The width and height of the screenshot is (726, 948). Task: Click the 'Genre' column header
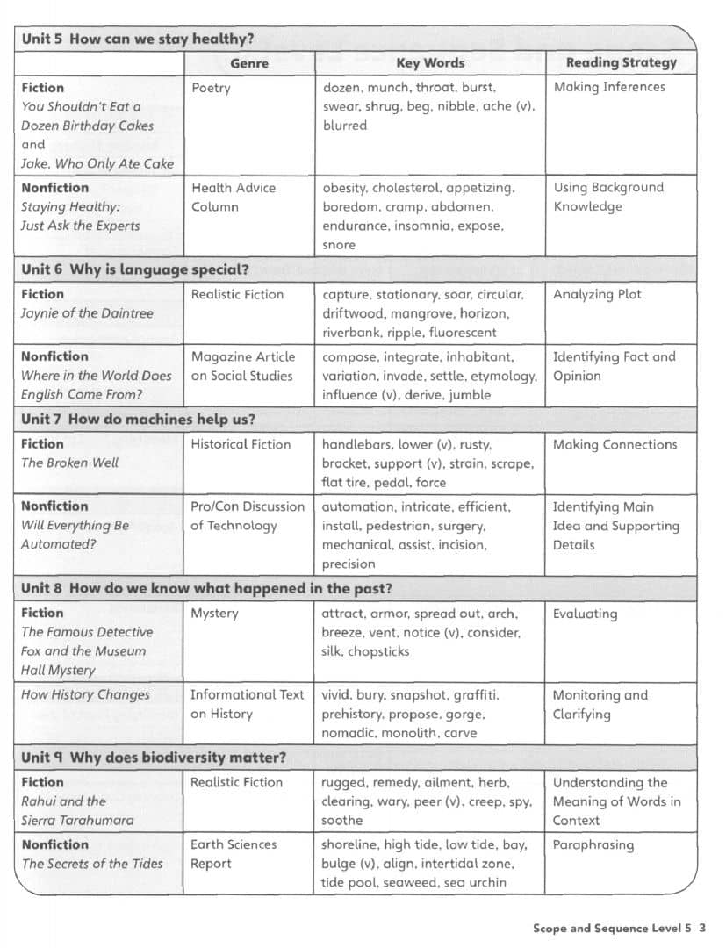248,62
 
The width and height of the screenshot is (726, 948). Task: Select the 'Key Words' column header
430,62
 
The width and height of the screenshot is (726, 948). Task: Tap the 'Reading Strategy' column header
621,62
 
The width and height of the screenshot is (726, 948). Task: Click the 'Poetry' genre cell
211,88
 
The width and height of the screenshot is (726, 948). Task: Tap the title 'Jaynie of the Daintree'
87,313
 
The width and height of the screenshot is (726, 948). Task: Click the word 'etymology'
503,376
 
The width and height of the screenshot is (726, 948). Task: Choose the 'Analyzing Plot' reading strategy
597,294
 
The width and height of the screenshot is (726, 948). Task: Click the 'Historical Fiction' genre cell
241,444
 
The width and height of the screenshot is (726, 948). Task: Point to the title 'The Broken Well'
69,463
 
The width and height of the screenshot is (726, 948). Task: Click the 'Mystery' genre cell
214,613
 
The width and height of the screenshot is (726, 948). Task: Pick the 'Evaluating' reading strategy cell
585,614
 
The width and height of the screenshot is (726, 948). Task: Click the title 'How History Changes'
85,694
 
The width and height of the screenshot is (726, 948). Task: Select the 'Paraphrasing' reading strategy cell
593,844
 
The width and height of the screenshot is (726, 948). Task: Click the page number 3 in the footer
702,928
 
